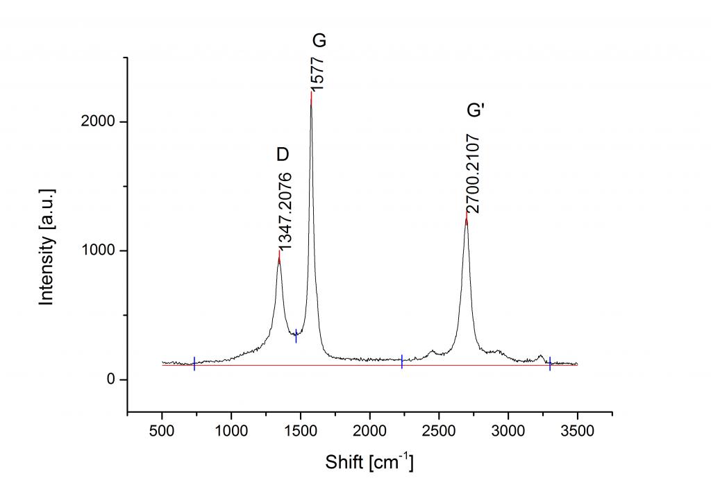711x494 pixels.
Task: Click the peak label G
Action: click(x=319, y=41)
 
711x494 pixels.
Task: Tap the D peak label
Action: click(x=282, y=154)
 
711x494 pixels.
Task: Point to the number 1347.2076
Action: click(x=285, y=210)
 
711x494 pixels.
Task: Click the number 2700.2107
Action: click(x=474, y=174)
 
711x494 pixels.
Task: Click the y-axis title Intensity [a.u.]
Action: click(x=47, y=246)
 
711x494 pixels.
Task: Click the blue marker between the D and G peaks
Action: click(x=296, y=335)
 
